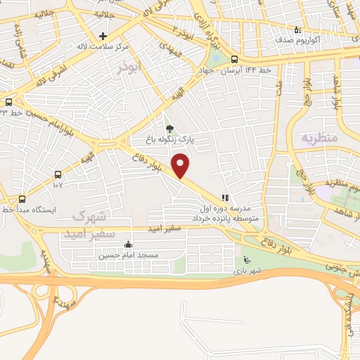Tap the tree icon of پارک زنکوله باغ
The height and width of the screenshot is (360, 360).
click(x=169, y=128)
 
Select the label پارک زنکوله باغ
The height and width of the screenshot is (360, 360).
click(x=169, y=140)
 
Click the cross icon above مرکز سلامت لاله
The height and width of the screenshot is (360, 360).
click(x=103, y=35)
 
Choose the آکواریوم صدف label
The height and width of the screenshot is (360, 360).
click(x=318, y=41)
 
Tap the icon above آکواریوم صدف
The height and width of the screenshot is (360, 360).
click(x=297, y=30)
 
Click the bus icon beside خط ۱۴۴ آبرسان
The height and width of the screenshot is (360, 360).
click(x=234, y=60)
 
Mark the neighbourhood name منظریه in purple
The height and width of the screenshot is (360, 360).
click(x=320, y=137)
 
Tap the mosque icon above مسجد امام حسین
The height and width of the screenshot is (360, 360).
click(x=128, y=245)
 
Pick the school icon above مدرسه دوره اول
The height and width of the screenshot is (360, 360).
click(x=224, y=198)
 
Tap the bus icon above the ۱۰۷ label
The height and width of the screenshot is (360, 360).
click(x=58, y=175)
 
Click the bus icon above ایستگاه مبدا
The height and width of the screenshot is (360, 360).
click(x=22, y=199)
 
